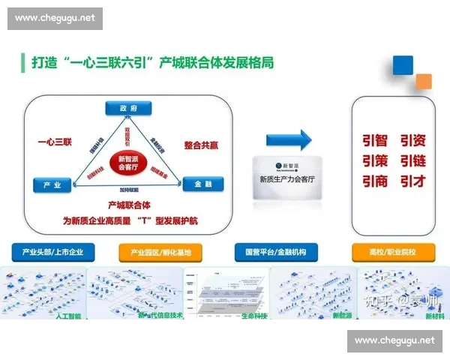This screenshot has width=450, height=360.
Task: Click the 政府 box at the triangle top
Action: click(129, 109)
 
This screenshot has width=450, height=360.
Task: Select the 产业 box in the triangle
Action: click(52, 184)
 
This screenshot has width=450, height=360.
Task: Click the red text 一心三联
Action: click(55, 141)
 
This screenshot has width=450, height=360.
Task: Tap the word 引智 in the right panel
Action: click(375, 140)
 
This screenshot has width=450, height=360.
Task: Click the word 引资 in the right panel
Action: click(413, 140)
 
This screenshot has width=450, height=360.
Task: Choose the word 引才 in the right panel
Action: click(413, 181)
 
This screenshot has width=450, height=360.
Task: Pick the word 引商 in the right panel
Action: click(375, 181)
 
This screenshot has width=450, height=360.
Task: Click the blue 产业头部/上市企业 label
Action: click(53, 252)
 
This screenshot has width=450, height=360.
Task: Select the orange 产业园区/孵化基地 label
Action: click(160, 252)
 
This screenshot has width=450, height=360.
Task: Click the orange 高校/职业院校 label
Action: click(392, 252)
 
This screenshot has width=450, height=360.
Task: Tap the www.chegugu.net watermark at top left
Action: click(56, 18)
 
